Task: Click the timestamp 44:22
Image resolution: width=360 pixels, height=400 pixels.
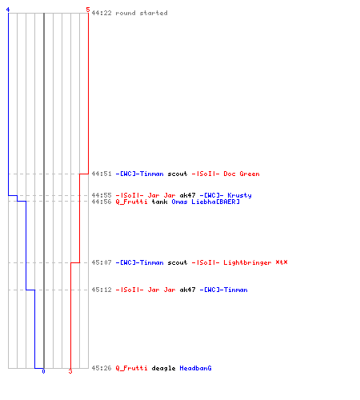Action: coord(102,13)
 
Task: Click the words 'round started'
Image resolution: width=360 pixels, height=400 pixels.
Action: coord(142,13)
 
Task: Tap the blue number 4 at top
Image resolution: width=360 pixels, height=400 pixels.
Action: coord(8,10)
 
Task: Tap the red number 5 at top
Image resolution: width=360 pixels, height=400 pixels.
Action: coord(88,10)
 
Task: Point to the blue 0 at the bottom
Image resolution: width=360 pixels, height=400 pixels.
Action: coord(43,371)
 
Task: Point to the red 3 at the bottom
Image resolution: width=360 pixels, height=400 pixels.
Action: coord(70,371)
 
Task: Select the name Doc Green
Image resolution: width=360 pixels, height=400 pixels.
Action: coord(242,174)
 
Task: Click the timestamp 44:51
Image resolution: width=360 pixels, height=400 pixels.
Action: coord(102,174)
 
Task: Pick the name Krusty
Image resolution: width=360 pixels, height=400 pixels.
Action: coord(239,195)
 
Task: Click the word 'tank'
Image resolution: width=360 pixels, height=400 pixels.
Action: coord(159,202)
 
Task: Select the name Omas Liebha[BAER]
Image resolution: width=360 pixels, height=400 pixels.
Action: coord(206,202)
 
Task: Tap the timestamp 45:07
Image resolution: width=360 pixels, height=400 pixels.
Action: coord(102,262)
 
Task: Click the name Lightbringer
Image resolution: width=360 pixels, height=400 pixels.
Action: coord(247,262)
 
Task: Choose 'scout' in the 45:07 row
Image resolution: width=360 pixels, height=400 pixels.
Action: coord(178,262)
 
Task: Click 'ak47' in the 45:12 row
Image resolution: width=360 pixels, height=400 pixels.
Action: coord(187,290)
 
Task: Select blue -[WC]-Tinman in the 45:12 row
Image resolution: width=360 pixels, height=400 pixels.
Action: coord(223,290)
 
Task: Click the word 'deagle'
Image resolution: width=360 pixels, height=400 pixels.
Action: coord(163,368)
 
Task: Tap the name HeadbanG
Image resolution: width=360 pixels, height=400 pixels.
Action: coord(195,368)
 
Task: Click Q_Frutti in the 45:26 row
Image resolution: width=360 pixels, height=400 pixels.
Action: coord(131,368)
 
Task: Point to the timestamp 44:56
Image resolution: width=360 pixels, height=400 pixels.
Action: coord(102,202)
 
